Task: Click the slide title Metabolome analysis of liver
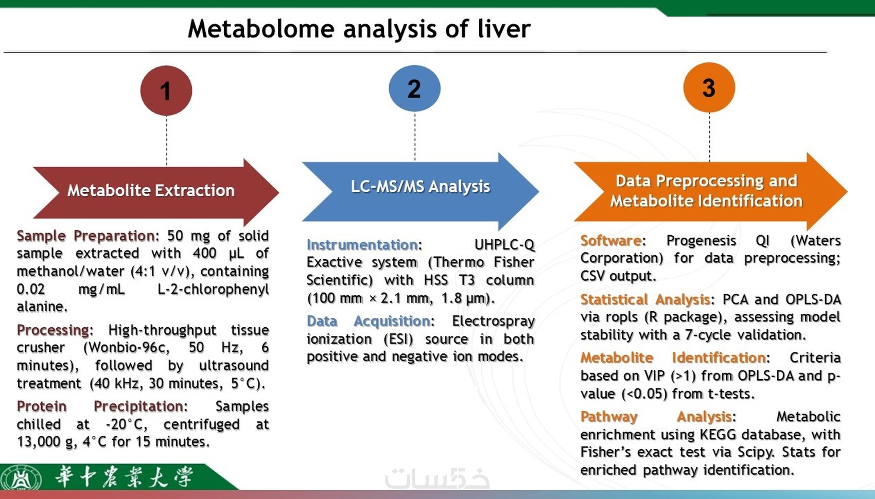[359, 29]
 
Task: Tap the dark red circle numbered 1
[166, 91]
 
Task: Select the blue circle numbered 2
[414, 88]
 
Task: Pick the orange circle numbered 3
[709, 87]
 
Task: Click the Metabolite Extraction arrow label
[151, 190]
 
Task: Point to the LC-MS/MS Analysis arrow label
[421, 186]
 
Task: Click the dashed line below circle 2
[415, 136]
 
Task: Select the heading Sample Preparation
[86, 236]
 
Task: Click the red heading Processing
[52, 330]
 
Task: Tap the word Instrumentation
[362, 245]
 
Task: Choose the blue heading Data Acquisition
[369, 321]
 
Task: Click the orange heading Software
[610, 241]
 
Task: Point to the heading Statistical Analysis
[645, 299]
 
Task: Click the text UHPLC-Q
[504, 245]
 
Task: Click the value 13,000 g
[45, 442]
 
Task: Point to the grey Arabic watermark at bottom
[437, 478]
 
